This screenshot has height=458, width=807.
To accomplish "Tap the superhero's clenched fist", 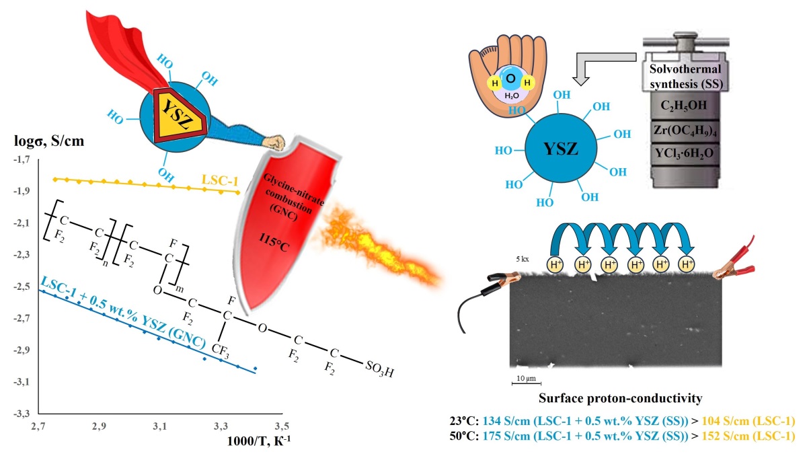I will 274,143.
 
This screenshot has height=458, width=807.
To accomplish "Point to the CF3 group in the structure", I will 227,350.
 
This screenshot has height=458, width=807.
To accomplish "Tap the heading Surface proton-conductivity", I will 620,399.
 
